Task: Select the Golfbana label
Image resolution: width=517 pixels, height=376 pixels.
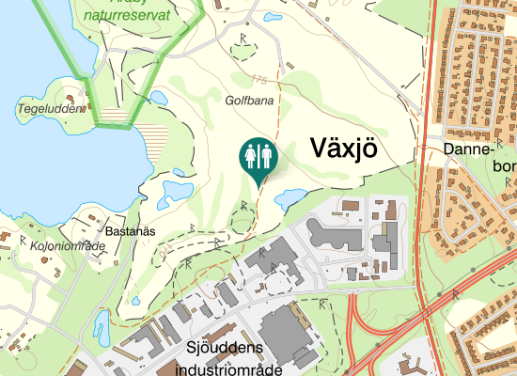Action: click(248, 99)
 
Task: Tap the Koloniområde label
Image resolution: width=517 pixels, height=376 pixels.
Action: click(68, 246)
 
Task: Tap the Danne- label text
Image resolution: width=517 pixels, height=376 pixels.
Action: click(468, 149)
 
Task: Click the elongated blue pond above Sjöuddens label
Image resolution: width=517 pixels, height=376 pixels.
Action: click(101, 325)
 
